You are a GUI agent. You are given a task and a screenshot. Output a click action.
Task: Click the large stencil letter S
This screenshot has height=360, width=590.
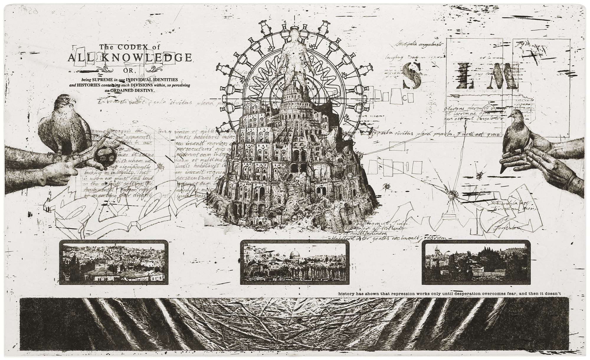click(412, 75)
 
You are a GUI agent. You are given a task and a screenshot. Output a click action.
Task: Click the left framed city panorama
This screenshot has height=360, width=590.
click(114, 262)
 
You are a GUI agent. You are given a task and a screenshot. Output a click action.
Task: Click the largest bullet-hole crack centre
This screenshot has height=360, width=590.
click(450, 194)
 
